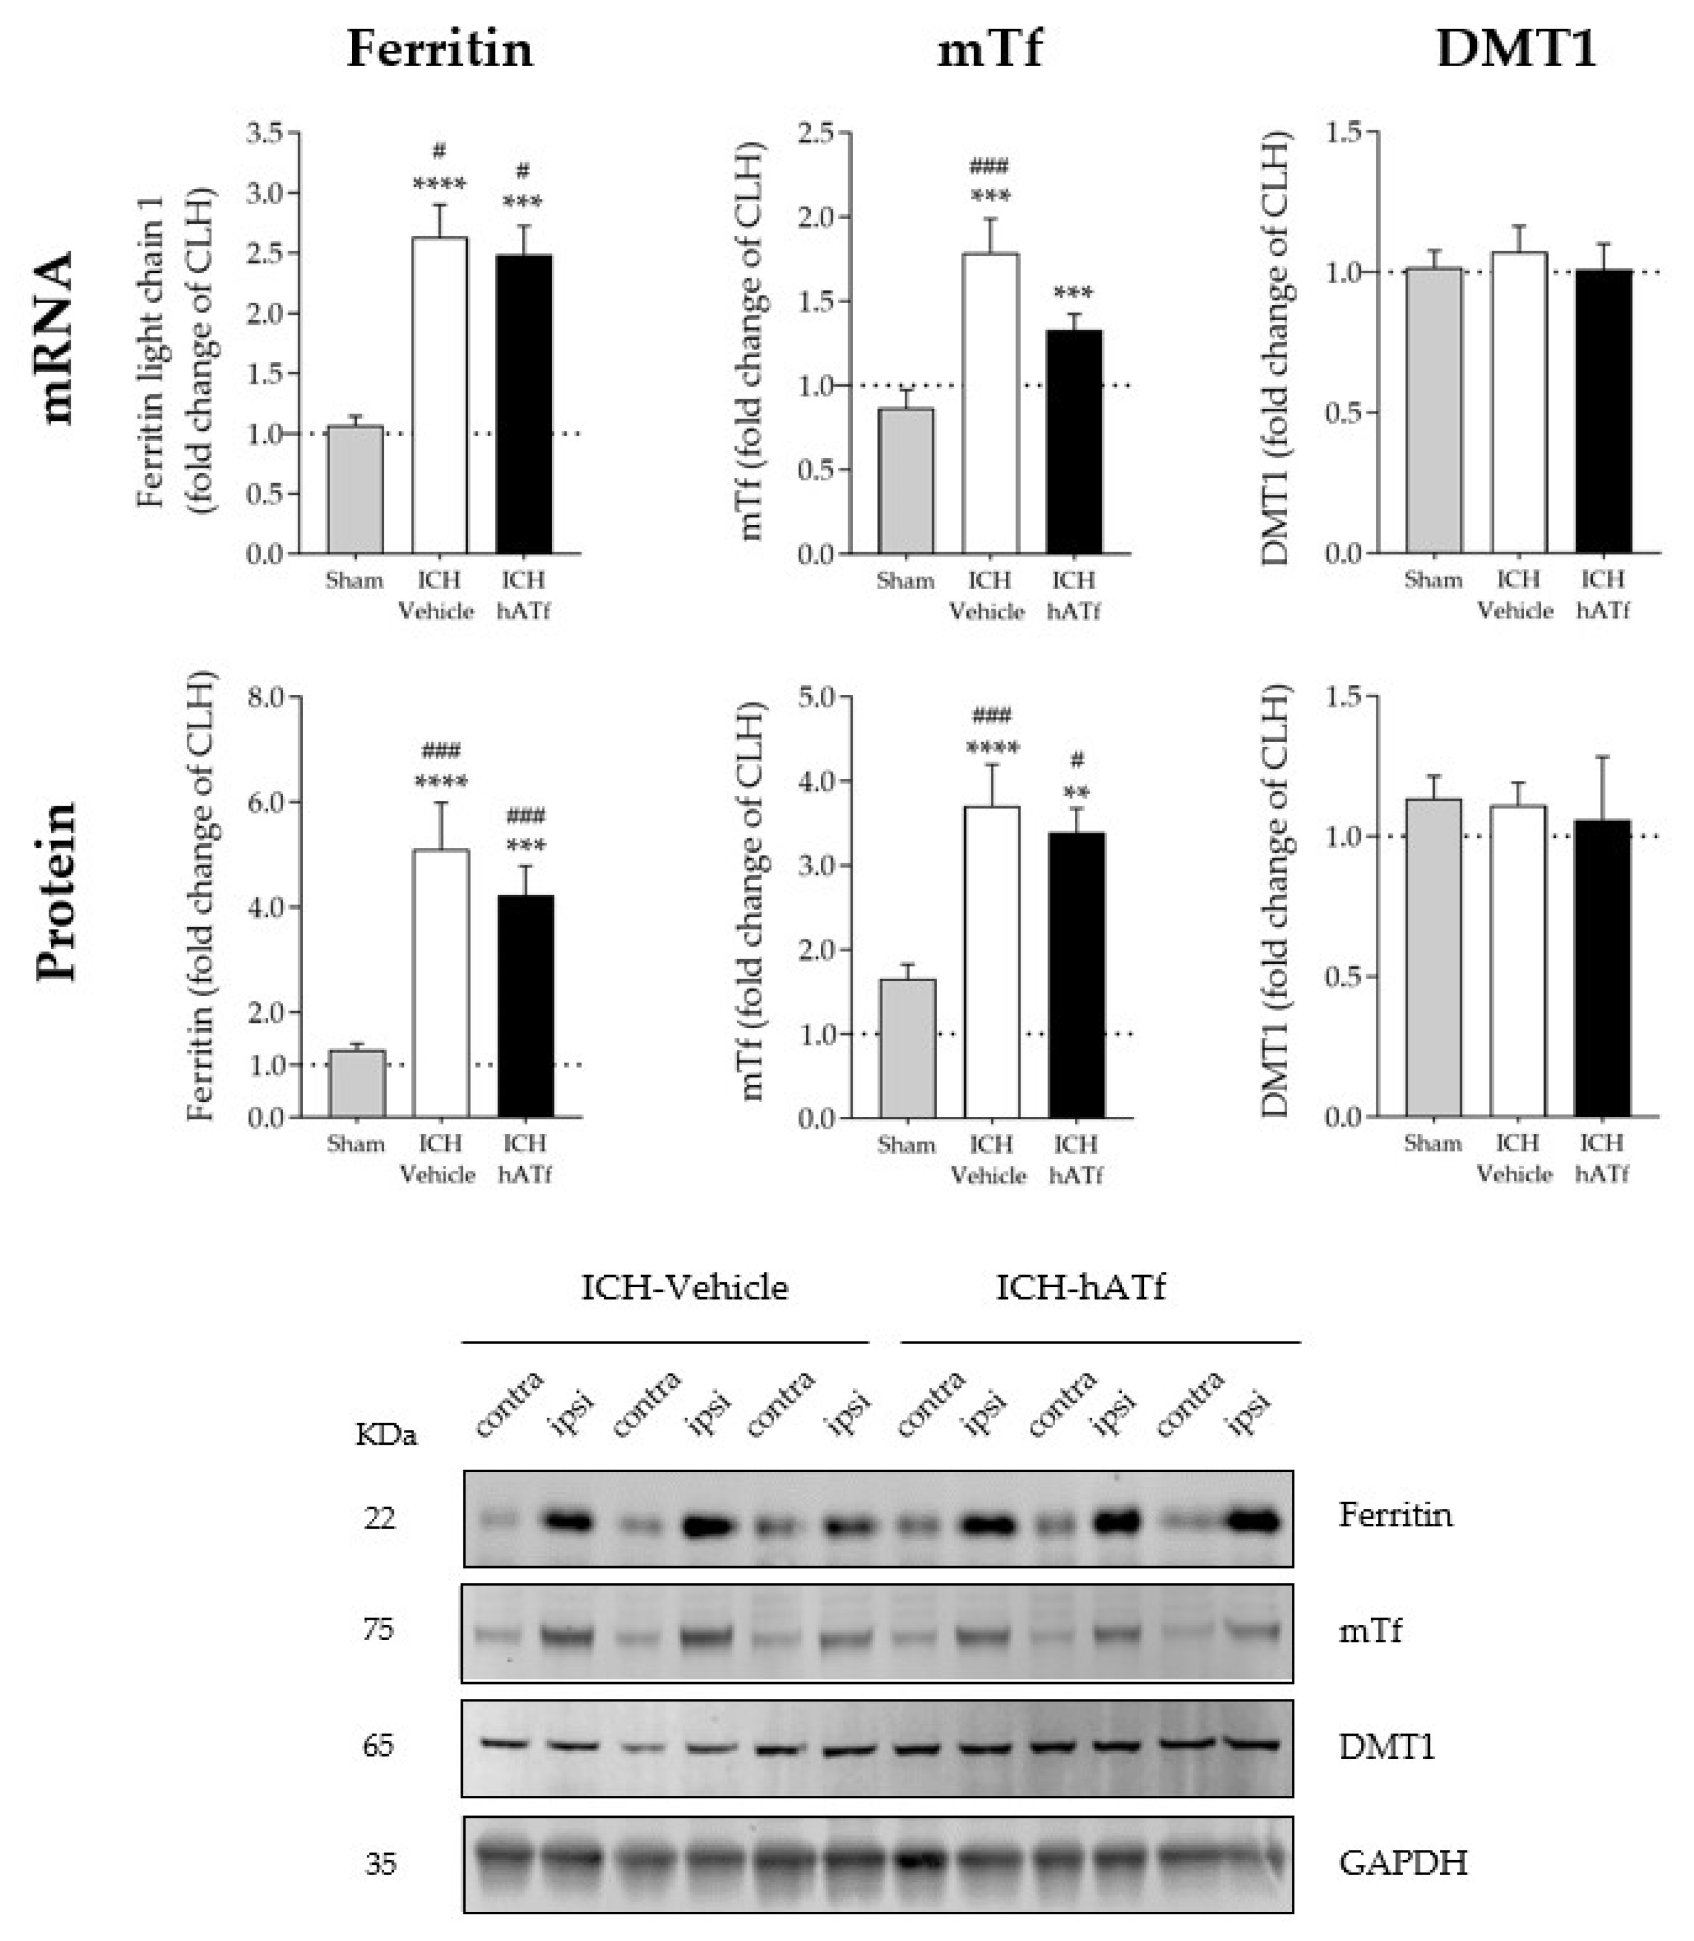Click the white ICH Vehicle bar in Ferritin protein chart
pyautogui.click(x=441, y=983)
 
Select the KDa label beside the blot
pyautogui.click(x=385, y=1435)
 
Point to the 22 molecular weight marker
pyautogui.click(x=379, y=1519)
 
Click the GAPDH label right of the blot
pyautogui.click(x=1403, y=1862)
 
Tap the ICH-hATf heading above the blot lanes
pyautogui.click(x=1081, y=1288)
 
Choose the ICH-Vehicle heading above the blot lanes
pyautogui.click(x=685, y=1288)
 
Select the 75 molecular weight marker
pyautogui.click(x=378, y=1630)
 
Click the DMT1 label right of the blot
pyautogui.click(x=1386, y=1746)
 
